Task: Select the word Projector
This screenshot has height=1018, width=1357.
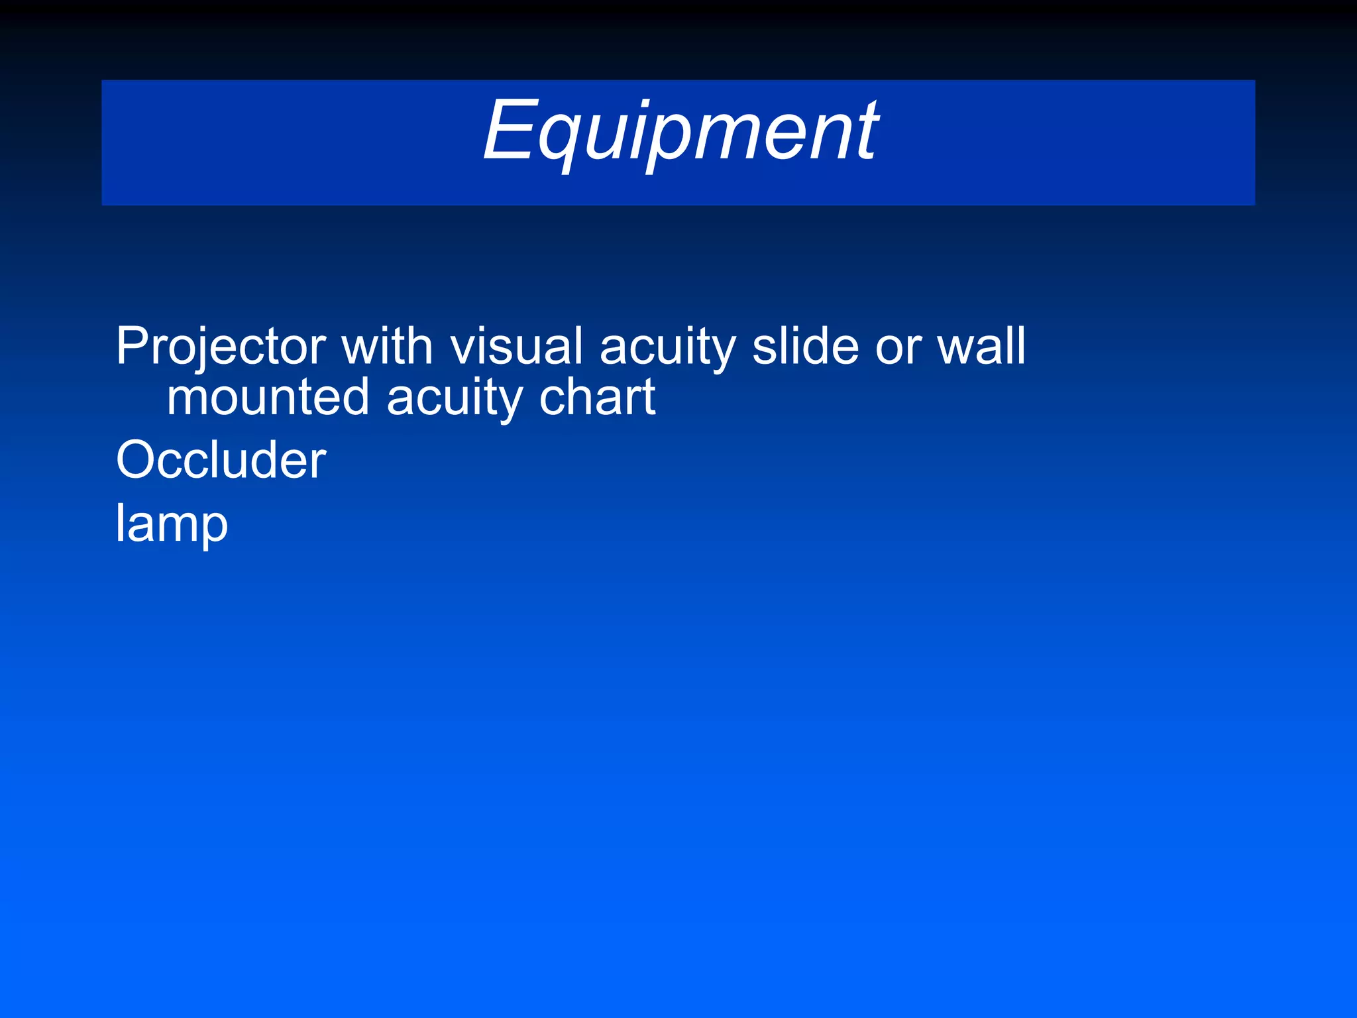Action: [x=221, y=347]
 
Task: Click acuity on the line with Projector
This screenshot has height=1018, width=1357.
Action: [x=667, y=348]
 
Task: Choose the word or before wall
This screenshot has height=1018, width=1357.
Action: [x=898, y=348]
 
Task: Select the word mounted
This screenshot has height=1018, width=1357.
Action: [x=268, y=397]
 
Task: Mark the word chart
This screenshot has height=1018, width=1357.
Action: [x=597, y=397]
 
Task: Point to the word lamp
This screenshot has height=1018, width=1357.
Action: [x=172, y=524]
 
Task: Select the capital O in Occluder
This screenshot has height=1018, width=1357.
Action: [x=135, y=460]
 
